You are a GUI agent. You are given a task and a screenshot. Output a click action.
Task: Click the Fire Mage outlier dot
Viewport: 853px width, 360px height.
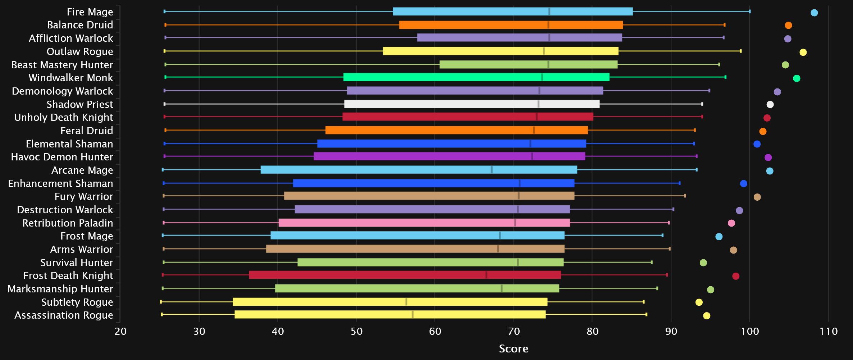pos(814,13)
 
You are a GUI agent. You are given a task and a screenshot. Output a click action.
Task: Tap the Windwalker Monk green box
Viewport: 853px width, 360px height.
pos(476,77)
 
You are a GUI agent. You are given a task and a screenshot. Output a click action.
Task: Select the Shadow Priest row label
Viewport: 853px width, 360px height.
pos(80,104)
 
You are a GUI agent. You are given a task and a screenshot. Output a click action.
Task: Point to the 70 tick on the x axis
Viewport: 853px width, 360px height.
pos(514,331)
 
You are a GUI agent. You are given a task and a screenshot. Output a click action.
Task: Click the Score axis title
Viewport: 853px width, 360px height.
pos(513,348)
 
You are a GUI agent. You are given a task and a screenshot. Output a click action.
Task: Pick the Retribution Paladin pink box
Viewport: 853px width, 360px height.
pos(424,223)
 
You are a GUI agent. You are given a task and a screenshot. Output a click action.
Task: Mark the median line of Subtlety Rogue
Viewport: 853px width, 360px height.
pos(406,302)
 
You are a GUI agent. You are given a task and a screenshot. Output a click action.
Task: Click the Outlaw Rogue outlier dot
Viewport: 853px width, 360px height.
pos(803,53)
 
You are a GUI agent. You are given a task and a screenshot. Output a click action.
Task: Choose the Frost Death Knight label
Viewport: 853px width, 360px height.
pos(68,275)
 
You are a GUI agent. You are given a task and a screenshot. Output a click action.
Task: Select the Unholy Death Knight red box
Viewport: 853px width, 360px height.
pos(467,117)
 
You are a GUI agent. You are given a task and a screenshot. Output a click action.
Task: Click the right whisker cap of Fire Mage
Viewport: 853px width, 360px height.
pos(749,12)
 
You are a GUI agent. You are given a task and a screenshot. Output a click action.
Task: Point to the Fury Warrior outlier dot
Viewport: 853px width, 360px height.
pos(757,197)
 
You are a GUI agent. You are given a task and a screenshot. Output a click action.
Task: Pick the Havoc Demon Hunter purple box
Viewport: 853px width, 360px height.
pos(449,156)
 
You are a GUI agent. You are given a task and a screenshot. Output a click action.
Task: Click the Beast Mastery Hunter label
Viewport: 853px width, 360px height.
pos(62,65)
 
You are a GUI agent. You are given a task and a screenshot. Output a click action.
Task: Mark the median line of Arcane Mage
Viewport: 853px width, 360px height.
pos(492,170)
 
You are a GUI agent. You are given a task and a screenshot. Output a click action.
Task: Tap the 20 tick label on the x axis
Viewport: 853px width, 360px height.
pos(120,331)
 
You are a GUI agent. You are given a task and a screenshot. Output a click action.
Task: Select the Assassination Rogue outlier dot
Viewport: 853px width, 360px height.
pos(706,316)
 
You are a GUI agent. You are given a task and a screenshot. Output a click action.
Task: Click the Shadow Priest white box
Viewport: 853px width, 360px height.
pos(472,104)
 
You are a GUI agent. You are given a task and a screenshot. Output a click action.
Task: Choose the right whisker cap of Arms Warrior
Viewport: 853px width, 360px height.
pos(670,249)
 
